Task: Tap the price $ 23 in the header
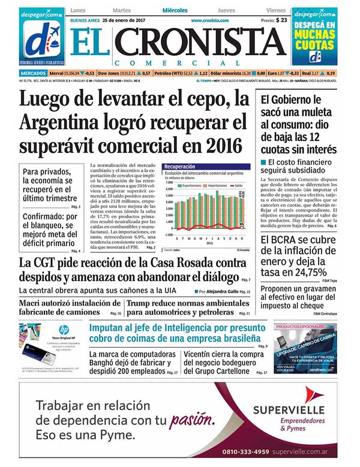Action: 281,20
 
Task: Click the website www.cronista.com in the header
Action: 208,20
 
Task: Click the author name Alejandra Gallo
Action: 221,291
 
